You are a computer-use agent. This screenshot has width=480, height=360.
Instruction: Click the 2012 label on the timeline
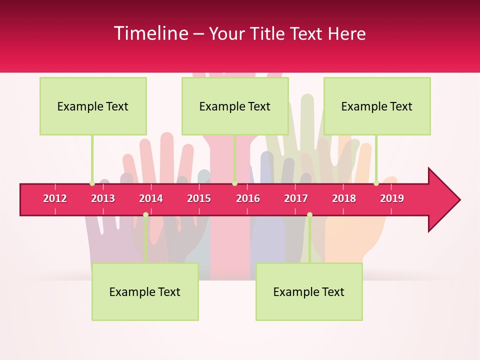[x=55, y=198]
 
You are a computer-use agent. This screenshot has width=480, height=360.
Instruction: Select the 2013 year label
[x=103, y=198]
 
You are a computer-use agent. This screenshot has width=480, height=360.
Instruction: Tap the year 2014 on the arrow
[x=151, y=198]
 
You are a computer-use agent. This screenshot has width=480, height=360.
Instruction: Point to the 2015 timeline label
[x=199, y=198]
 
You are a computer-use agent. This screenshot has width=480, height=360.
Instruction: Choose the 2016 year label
[x=248, y=198]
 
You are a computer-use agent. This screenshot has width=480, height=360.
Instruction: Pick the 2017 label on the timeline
[x=296, y=198]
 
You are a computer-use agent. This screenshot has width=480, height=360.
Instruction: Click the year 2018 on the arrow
[x=344, y=198]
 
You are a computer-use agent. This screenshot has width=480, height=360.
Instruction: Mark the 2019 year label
[x=392, y=198]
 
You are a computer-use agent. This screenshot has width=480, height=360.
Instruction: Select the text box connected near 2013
[x=93, y=106]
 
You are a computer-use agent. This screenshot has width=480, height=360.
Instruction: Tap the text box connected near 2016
[x=235, y=106]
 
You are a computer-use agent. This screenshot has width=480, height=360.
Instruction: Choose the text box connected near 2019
[x=377, y=106]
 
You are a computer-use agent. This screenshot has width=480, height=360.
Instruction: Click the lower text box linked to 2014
[x=145, y=291]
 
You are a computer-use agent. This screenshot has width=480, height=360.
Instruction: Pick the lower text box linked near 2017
[x=309, y=291]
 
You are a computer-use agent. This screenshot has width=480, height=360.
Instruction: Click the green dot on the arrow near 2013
[x=92, y=183]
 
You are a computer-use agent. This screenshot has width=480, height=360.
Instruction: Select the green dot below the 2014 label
[x=145, y=215]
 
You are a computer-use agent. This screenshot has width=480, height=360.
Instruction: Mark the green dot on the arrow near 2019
[x=376, y=183]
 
